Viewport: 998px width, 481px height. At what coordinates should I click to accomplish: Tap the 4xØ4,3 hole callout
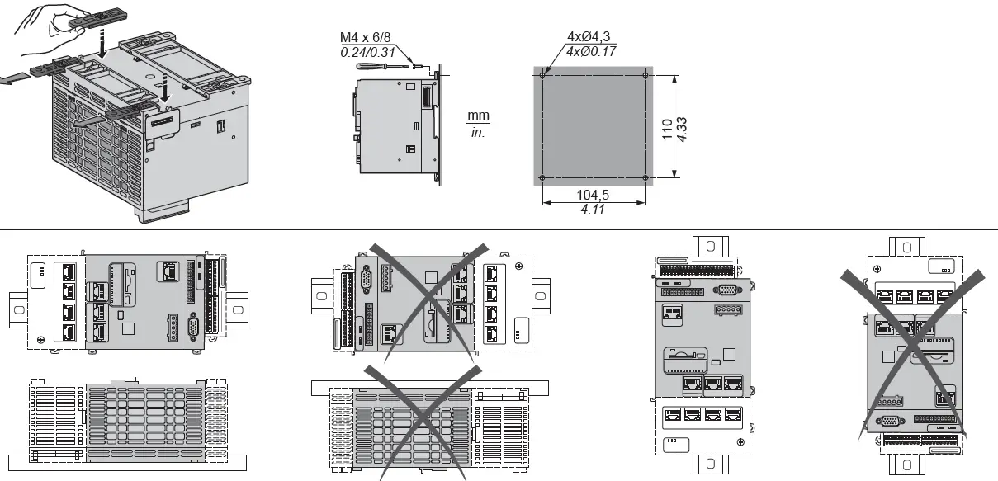click(x=594, y=37)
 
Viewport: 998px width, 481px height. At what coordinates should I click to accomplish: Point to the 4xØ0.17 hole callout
click(x=594, y=51)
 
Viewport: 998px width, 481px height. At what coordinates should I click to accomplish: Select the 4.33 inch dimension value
click(x=683, y=127)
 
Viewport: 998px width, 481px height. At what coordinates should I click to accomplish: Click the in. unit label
click(x=478, y=132)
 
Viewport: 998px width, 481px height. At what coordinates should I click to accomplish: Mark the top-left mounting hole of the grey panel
click(x=542, y=74)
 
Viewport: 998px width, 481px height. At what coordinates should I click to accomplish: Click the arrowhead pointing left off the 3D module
click(x=7, y=78)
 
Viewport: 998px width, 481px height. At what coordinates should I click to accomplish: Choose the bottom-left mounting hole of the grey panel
click(x=542, y=178)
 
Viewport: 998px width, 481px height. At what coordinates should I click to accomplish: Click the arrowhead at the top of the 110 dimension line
click(x=675, y=77)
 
